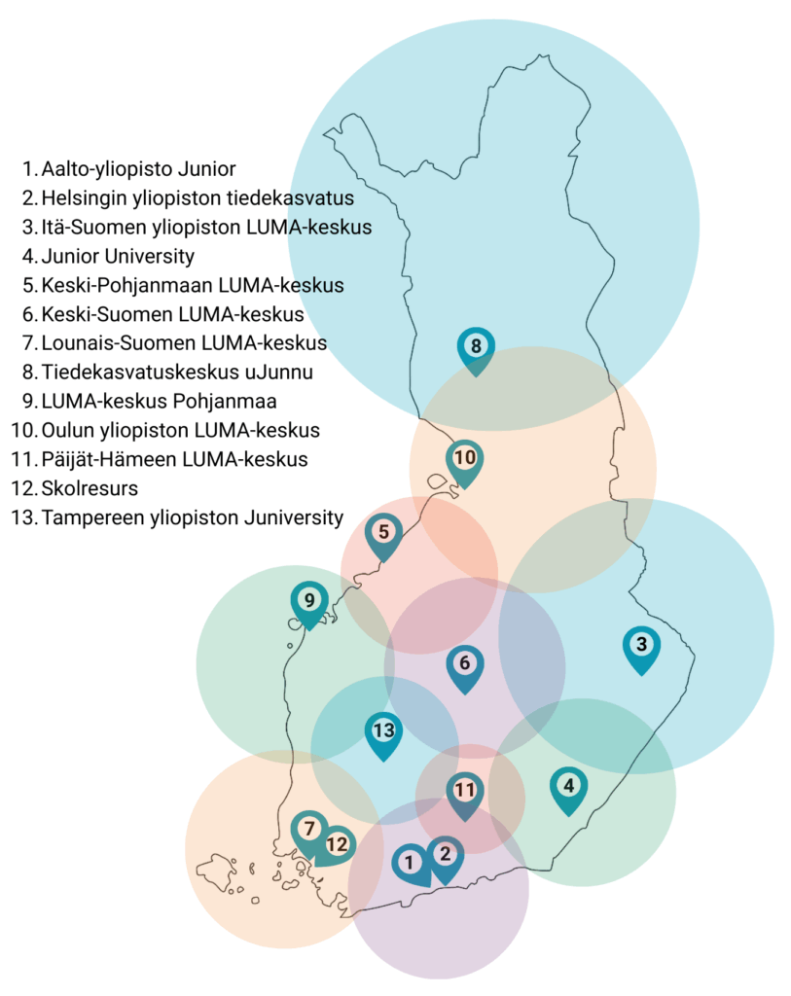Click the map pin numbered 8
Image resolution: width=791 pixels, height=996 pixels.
(476, 347)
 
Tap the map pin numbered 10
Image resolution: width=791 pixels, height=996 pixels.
(465, 459)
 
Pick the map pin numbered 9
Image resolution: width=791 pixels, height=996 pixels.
(309, 601)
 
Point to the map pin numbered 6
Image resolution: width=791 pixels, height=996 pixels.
(464, 665)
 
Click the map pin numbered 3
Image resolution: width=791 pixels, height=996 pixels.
(640, 646)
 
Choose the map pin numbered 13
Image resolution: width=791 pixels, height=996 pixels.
(383, 731)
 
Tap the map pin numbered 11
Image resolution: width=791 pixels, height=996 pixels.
(465, 792)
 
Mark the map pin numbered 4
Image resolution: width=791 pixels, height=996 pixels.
(568, 787)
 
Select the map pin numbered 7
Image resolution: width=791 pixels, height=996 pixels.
(309, 831)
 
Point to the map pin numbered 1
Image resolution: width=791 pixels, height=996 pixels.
(411, 862)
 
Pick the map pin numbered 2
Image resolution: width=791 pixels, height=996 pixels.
(446, 857)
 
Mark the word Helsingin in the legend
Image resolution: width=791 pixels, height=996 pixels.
(81, 197)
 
